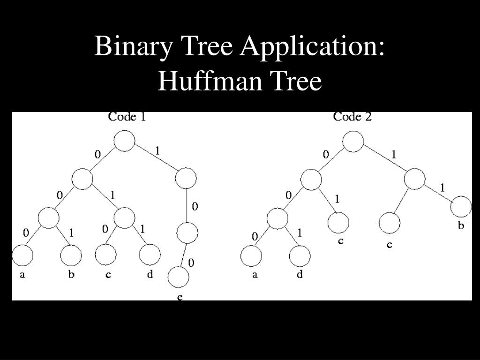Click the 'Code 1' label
127,117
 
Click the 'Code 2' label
352,117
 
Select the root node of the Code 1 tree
125,141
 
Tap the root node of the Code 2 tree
353,142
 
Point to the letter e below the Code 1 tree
180,297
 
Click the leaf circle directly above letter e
179,277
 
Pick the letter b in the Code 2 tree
461,226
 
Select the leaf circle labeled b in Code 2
461,207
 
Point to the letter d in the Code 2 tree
300,275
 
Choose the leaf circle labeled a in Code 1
22,256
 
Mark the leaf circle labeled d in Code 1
150,255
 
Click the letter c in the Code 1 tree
108,275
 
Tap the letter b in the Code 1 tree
71,275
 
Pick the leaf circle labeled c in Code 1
105,255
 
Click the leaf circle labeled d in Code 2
300,256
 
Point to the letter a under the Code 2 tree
255,275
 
